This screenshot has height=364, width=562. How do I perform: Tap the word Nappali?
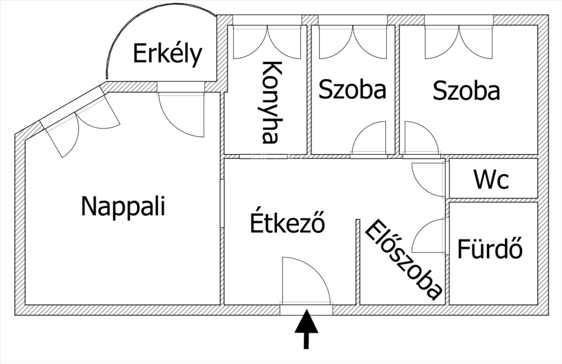[123, 206]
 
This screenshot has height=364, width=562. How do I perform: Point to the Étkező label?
[288, 220]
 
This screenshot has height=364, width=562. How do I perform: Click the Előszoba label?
[403, 260]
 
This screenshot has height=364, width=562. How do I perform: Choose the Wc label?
[491, 180]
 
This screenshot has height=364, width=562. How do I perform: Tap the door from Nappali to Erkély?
[181, 115]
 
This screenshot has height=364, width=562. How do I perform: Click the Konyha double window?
[267, 42]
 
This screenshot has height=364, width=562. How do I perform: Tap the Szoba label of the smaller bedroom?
[352, 89]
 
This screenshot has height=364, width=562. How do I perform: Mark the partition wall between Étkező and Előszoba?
[358, 262]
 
